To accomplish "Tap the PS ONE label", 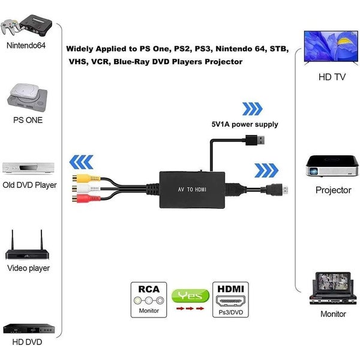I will [28, 120].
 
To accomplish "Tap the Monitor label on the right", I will [333, 314].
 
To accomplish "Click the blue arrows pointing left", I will [82, 162].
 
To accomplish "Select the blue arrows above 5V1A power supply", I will [252, 109].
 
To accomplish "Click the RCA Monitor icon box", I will [149, 299].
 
